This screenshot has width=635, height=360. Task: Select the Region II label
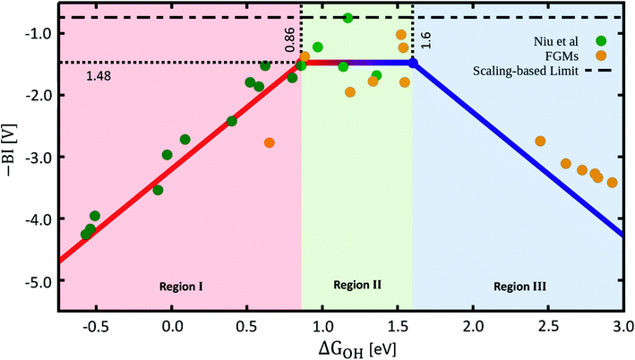click(x=357, y=285)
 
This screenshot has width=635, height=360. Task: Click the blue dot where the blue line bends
click(x=413, y=63)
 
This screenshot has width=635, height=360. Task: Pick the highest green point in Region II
click(x=348, y=18)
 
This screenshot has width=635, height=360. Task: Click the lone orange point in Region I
click(x=270, y=142)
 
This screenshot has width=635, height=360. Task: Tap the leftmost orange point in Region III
click(x=540, y=141)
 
